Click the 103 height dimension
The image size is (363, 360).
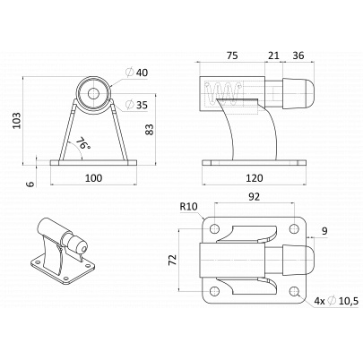coord(18,121)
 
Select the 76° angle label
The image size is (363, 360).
coord(82,143)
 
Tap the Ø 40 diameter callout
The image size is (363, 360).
coord(137,73)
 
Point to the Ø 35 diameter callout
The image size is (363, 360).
coord(137,105)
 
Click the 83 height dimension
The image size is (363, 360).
coord(150,129)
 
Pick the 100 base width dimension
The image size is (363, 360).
coord(94,178)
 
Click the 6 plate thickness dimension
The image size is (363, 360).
coord(30,184)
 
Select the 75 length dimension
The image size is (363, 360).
coord(232,56)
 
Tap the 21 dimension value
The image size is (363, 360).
coord(273,56)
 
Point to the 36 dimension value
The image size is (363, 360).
coord(298,56)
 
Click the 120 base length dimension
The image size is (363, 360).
coord(255,178)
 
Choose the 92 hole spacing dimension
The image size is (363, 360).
coord(255,197)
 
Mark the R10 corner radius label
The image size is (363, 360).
coord(189,207)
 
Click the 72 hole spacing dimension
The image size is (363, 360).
coord(172,260)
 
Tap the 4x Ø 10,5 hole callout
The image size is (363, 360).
coord(336,301)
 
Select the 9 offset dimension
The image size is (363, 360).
coord(324,231)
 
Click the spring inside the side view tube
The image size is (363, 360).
coord(223,91)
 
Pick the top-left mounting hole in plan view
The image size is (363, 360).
coord(214,229)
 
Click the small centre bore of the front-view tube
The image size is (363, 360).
coord(93,94)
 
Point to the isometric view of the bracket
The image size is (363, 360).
coord(63,251)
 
